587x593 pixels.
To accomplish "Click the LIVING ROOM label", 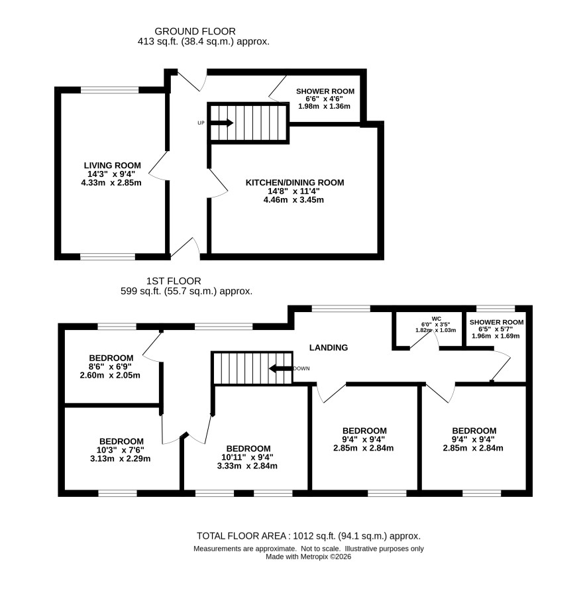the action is pyautogui.click(x=113, y=165).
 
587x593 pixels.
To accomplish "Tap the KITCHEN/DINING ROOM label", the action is pyautogui.click(x=295, y=183).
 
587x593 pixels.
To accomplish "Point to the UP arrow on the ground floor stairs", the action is pyautogui.click(x=222, y=123).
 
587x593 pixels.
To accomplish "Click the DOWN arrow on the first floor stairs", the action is pyautogui.click(x=281, y=368).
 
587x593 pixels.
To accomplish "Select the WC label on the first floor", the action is pyautogui.click(x=436, y=319).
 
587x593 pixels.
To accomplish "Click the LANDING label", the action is pyautogui.click(x=329, y=348).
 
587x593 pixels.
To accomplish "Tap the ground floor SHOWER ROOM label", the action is pyautogui.click(x=325, y=91).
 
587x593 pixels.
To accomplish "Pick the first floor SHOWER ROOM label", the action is pyautogui.click(x=497, y=322).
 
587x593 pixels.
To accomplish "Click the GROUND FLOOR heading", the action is pyautogui.click(x=195, y=31).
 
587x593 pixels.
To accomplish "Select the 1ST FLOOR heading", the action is pyautogui.click(x=174, y=281).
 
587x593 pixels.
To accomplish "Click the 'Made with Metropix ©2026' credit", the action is pyautogui.click(x=308, y=557).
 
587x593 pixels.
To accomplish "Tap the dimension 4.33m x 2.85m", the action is pyautogui.click(x=111, y=183).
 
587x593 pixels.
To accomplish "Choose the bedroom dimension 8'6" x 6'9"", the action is pyautogui.click(x=110, y=366).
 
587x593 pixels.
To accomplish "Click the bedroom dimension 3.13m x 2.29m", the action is pyautogui.click(x=121, y=458).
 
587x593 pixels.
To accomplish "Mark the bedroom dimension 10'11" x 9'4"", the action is pyautogui.click(x=247, y=457).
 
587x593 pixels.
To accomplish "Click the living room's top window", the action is pyautogui.click(x=110, y=90).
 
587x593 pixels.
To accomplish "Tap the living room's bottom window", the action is pyautogui.click(x=108, y=257).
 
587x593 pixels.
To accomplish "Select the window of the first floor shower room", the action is pyautogui.click(x=496, y=309).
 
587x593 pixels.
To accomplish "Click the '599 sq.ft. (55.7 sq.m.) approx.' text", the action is pyautogui.click(x=186, y=292).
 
